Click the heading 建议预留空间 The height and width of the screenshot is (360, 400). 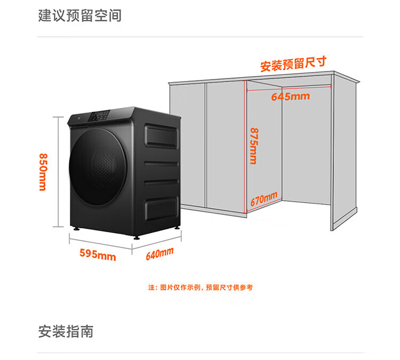[80, 15]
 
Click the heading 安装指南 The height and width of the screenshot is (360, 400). [66, 331]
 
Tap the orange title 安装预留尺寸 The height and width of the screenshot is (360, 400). [293, 65]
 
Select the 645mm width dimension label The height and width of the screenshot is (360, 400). [290, 97]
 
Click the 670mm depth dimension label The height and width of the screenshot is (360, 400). [264, 199]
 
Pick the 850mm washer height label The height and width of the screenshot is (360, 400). [42, 172]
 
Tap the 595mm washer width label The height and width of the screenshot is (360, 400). [98, 255]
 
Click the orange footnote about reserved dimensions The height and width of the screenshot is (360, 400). [200, 287]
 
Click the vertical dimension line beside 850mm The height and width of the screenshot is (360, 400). [58, 172]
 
